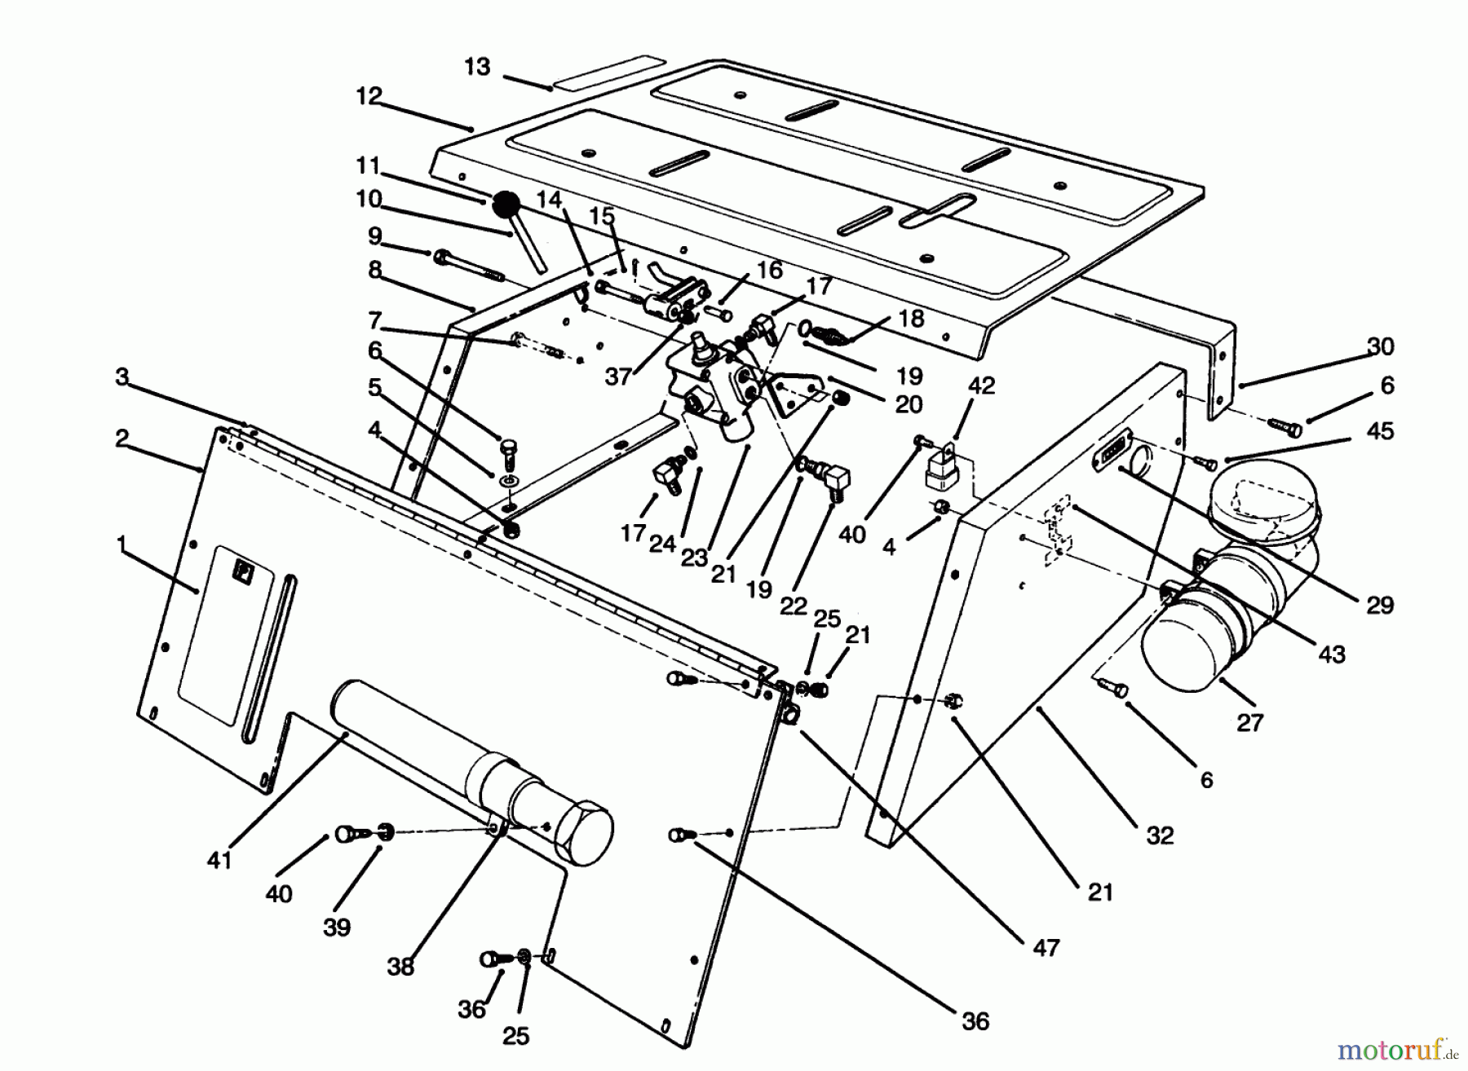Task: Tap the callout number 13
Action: (478, 67)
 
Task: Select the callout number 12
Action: (369, 96)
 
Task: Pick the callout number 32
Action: (1160, 835)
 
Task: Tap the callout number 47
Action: (1046, 947)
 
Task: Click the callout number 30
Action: (1380, 346)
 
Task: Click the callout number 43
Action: (1331, 654)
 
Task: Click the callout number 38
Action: (400, 967)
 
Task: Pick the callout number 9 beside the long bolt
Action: (374, 236)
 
